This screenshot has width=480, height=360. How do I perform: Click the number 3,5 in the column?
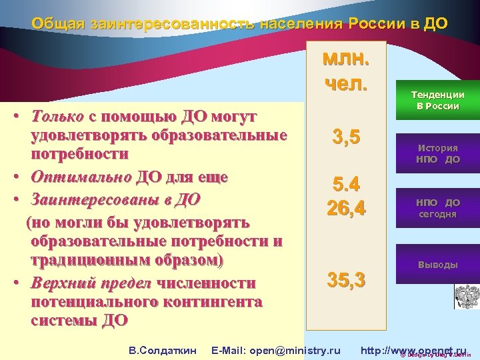[345, 138]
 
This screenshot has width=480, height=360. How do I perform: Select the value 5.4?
[345, 184]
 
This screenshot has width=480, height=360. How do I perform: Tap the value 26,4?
[345, 208]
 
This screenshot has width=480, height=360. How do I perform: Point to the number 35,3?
[345, 280]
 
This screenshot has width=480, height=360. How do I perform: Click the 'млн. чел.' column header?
[345, 71]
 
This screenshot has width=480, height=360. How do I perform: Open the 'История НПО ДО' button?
[437, 154]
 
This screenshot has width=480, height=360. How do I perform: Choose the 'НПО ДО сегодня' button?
[437, 208]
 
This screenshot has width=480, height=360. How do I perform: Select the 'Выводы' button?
[437, 265]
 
